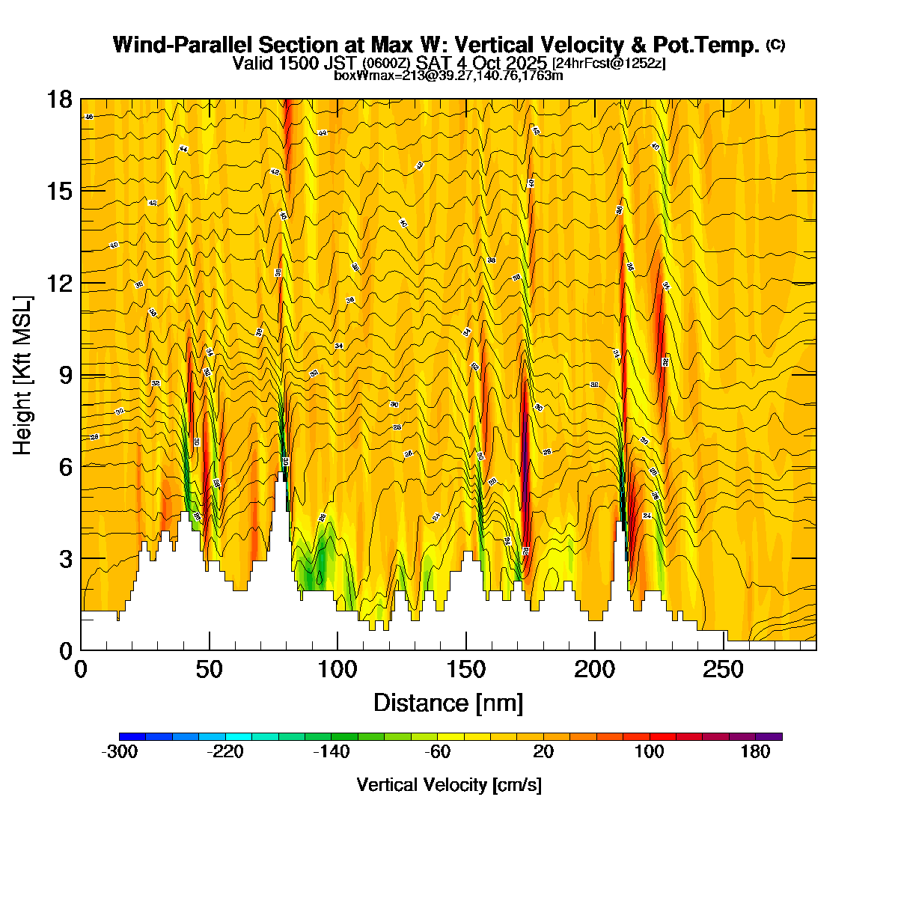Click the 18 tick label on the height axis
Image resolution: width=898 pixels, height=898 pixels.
61,99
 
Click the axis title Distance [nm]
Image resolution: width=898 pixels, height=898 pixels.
448,703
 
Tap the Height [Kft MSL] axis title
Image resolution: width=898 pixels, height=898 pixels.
23,375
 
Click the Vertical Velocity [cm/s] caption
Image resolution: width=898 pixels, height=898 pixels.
449,785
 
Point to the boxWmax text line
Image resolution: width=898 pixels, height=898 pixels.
448,75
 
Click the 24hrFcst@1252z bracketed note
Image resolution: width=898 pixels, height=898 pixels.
608,64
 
